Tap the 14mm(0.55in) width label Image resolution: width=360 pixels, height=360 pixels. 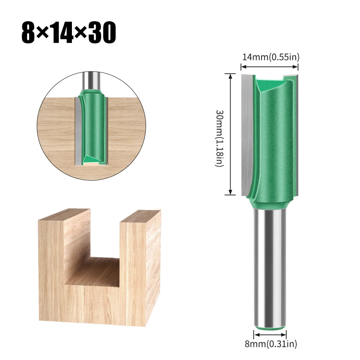point(270,57)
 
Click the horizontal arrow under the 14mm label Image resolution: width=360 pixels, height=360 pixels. point(269,67)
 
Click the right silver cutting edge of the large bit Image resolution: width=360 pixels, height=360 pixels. point(296,133)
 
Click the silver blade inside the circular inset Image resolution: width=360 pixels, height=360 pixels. point(79,129)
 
